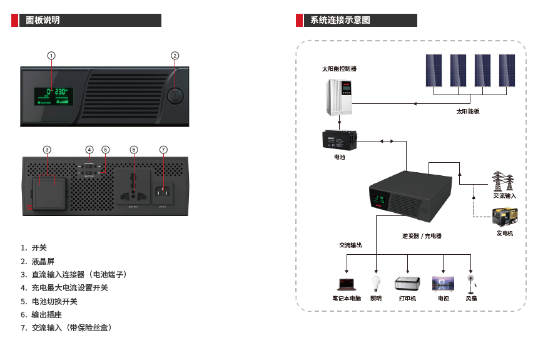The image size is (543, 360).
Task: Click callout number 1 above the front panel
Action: point(51,55)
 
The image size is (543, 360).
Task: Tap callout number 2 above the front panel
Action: point(175,55)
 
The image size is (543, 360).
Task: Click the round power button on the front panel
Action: point(175,96)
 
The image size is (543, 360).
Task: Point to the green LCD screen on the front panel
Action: point(53,96)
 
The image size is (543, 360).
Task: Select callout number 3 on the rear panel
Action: point(47,150)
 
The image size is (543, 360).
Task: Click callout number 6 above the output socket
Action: point(134,150)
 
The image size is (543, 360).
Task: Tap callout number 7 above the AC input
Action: point(163,150)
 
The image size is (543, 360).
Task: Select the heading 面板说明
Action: point(43,21)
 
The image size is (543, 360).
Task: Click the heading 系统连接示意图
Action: point(340,21)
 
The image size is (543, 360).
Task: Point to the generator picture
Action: point(504,217)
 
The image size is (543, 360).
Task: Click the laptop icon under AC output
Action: point(346,284)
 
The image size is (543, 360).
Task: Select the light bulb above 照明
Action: point(376,282)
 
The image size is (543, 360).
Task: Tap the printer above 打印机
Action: point(407,283)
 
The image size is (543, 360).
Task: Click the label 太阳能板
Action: point(467,111)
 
